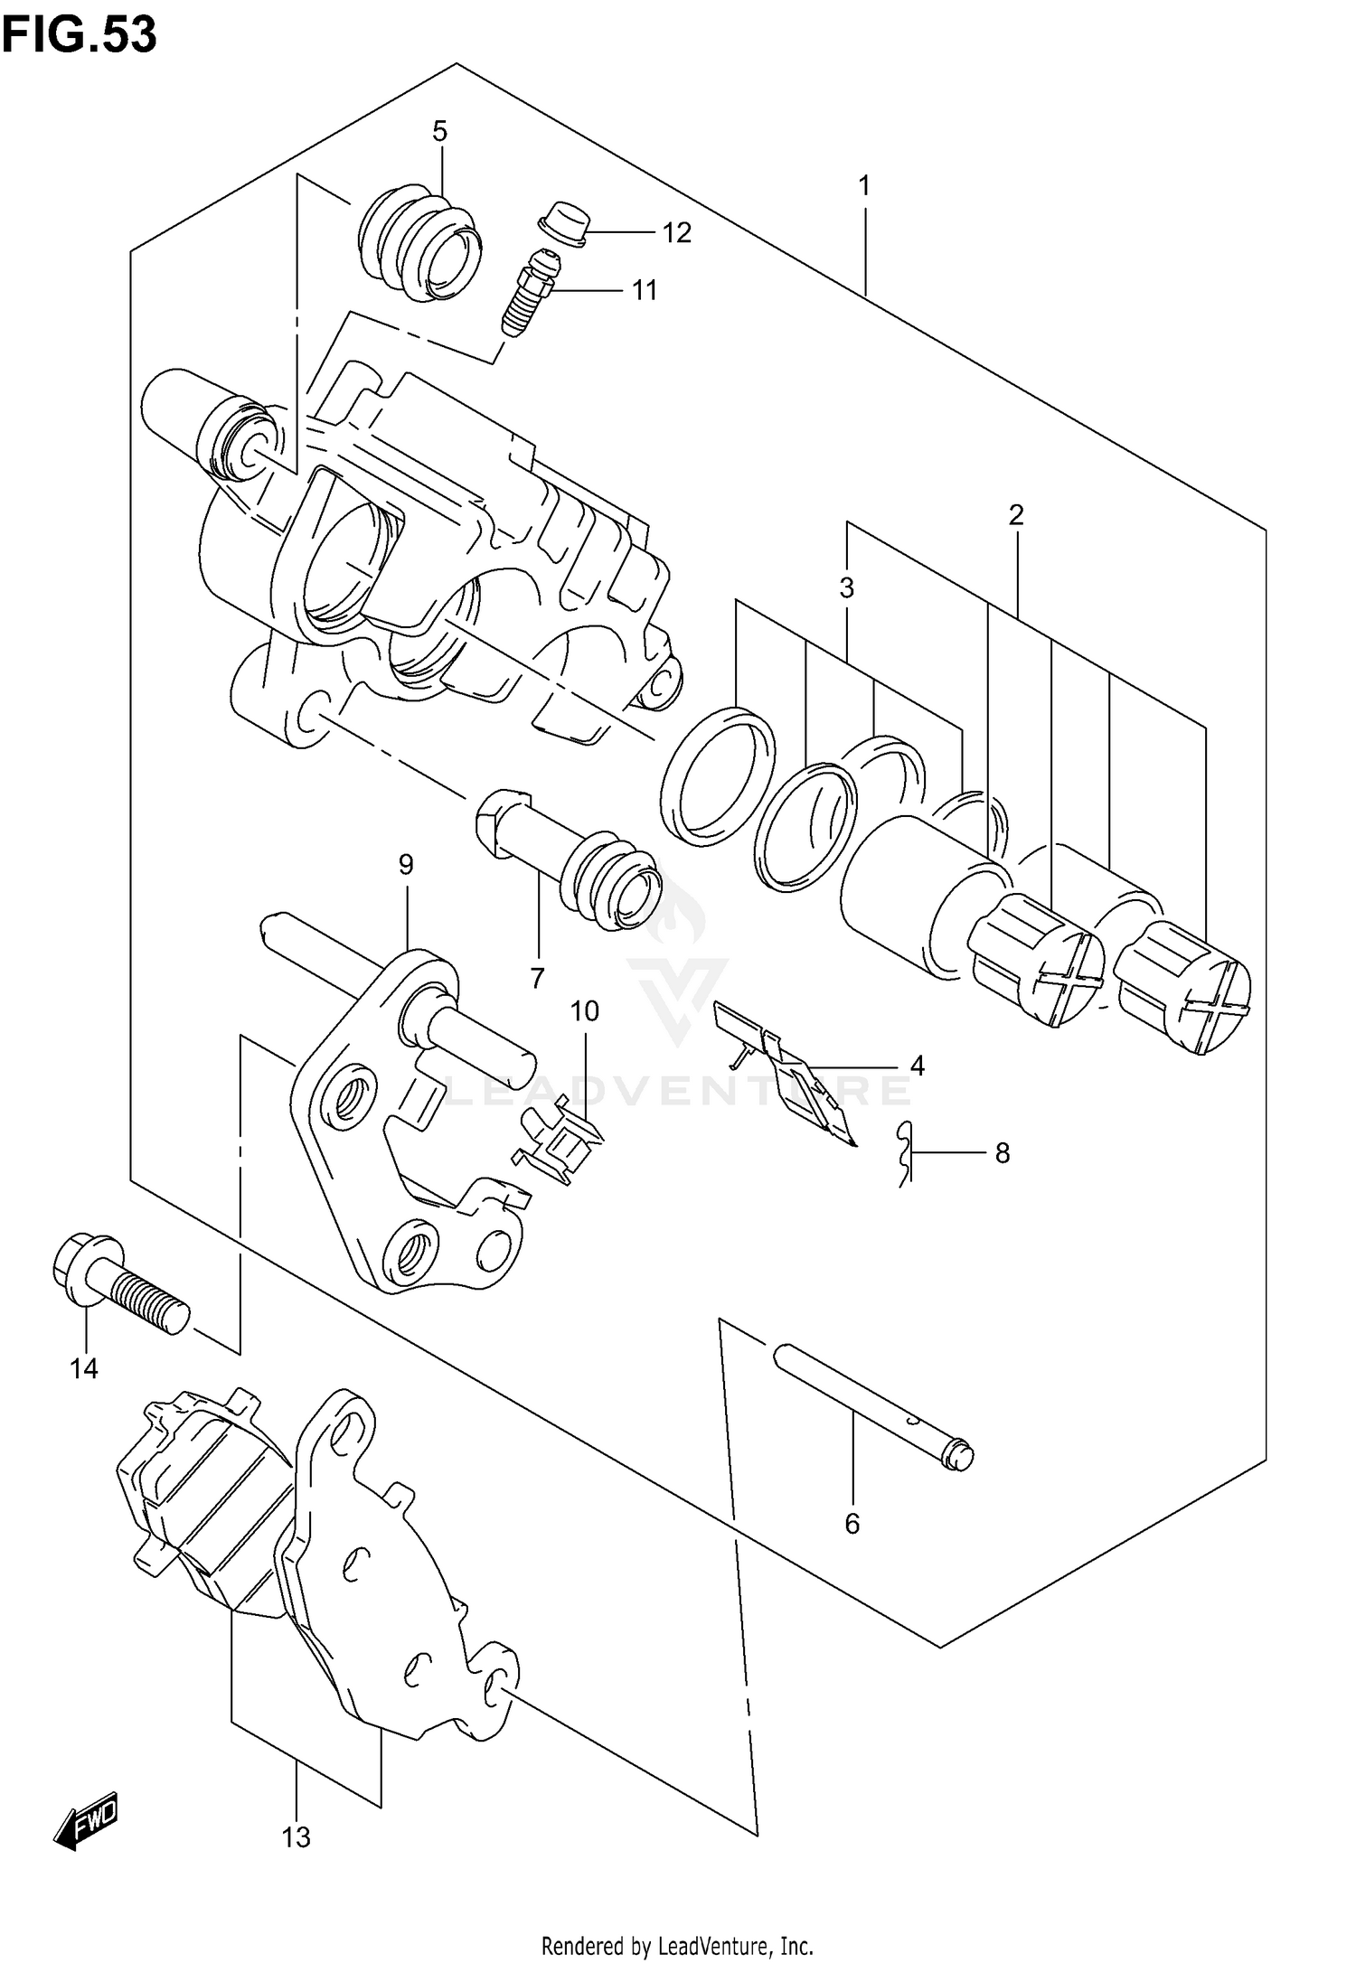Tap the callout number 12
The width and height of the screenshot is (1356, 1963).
pyautogui.click(x=676, y=233)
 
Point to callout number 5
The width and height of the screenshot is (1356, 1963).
pyautogui.click(x=439, y=132)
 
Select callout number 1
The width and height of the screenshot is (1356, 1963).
pyautogui.click(x=864, y=187)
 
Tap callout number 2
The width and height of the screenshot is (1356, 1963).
pyautogui.click(x=1016, y=516)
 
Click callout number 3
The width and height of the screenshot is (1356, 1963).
pyautogui.click(x=846, y=588)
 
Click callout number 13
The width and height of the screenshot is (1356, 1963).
pyautogui.click(x=296, y=1837)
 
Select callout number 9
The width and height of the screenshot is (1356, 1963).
pyautogui.click(x=406, y=865)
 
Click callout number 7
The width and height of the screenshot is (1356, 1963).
pyautogui.click(x=538, y=977)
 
